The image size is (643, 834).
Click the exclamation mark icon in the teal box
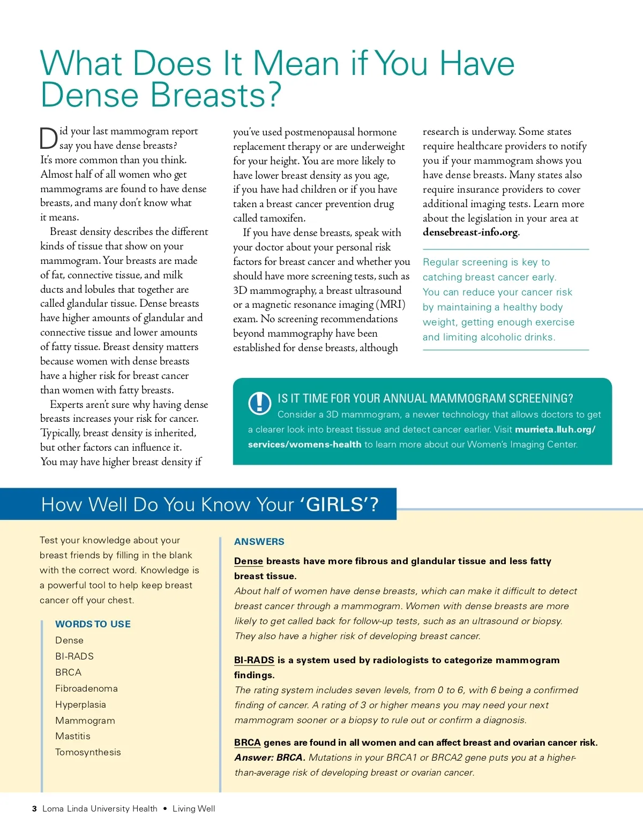click(x=260, y=403)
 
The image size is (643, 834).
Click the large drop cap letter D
click(x=49, y=139)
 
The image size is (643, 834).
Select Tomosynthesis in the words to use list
click(x=88, y=752)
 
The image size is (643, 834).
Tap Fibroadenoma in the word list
click(x=86, y=688)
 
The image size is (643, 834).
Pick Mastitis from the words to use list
click(x=73, y=736)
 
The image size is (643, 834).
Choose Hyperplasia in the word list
click(x=80, y=704)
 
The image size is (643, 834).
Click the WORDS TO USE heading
click(x=93, y=624)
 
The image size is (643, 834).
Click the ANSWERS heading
click(x=259, y=542)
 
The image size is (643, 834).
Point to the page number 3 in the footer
click(x=34, y=809)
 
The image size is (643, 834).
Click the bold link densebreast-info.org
click(x=470, y=232)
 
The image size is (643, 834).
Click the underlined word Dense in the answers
click(x=249, y=561)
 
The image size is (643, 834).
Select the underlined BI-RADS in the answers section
click(x=254, y=660)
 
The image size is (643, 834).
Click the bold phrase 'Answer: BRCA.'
click(x=270, y=757)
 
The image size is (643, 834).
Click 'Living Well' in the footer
click(x=193, y=809)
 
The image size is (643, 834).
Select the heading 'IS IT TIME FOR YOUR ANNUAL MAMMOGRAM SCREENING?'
click(x=425, y=398)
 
